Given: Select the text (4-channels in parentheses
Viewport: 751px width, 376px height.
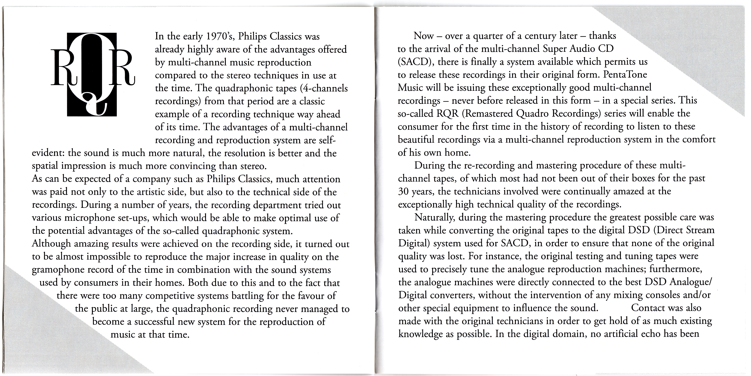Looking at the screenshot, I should tap(321, 88).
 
